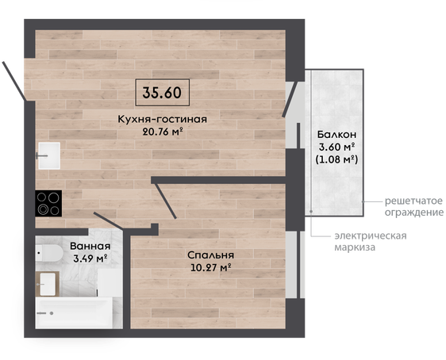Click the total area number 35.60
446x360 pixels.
[x=162, y=93]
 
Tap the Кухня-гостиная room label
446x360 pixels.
[x=163, y=119]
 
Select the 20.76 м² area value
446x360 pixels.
[x=163, y=132]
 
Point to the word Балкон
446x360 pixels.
[x=336, y=134]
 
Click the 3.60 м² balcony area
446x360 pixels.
[x=336, y=147]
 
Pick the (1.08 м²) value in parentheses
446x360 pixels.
[x=336, y=159]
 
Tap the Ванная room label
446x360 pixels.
[x=90, y=246]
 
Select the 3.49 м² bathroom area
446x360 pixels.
[x=90, y=259]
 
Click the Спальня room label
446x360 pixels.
[x=211, y=255]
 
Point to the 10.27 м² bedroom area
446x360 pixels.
[x=211, y=268]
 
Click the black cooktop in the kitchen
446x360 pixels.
[x=48, y=204]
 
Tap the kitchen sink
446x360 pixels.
[x=49, y=155]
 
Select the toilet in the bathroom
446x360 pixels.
[x=49, y=253]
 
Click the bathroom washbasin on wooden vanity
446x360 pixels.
[x=47, y=284]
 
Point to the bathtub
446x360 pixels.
[x=74, y=313]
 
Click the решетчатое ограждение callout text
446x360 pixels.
[x=413, y=207]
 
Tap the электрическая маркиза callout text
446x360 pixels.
[x=371, y=242]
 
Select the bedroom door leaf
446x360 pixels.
[x=165, y=201]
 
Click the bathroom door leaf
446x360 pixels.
[x=109, y=220]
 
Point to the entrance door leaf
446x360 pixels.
[x=13, y=81]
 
